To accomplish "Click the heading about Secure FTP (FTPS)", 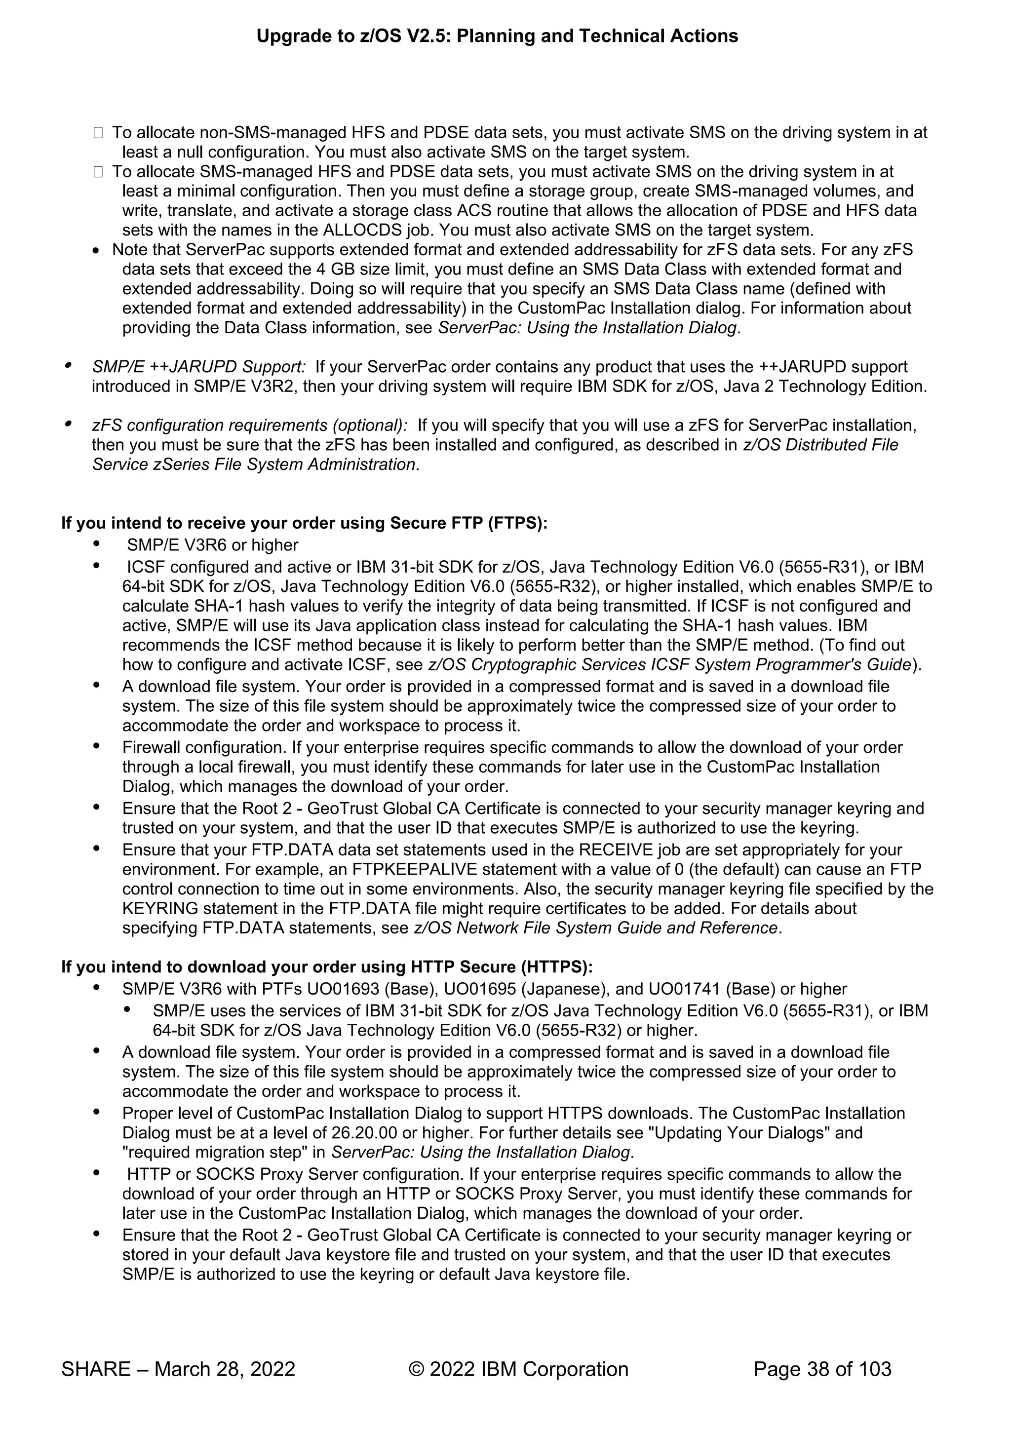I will click(304, 523).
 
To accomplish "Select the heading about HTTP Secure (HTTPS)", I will click(327, 966).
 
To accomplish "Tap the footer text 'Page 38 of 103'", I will click(822, 1369).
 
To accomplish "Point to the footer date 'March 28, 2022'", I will click(224, 1369).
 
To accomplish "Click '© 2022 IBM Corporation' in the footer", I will click(518, 1369).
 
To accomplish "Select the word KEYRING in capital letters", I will click(160, 908).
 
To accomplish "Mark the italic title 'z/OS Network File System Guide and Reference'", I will click(596, 927).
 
